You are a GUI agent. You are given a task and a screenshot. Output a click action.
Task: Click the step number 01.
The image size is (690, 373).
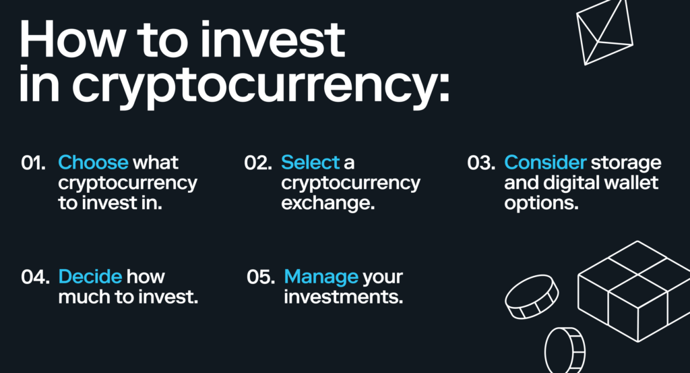(33, 163)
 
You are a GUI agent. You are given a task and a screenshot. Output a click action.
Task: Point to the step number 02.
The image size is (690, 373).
(257, 163)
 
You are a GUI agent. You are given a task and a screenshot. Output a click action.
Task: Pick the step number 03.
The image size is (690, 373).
(481, 163)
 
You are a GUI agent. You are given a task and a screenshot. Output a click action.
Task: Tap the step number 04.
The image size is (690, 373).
(34, 277)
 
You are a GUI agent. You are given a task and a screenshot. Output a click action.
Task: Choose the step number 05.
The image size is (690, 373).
(261, 277)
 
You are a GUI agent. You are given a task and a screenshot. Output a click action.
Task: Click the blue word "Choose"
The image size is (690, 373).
(93, 163)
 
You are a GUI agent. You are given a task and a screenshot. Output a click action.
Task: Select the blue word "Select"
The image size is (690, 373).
(310, 163)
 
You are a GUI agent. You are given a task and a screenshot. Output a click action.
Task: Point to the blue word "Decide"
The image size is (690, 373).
(90, 277)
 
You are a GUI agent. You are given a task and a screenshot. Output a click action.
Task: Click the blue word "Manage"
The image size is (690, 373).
(321, 277)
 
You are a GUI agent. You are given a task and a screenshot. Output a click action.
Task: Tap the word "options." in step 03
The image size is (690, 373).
(541, 203)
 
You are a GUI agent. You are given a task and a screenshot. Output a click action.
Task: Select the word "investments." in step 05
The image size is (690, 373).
(343, 297)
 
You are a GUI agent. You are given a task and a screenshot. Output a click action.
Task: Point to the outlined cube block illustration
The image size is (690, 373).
(633, 291)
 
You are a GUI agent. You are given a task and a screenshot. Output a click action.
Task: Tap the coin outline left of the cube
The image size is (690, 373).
(532, 296)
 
